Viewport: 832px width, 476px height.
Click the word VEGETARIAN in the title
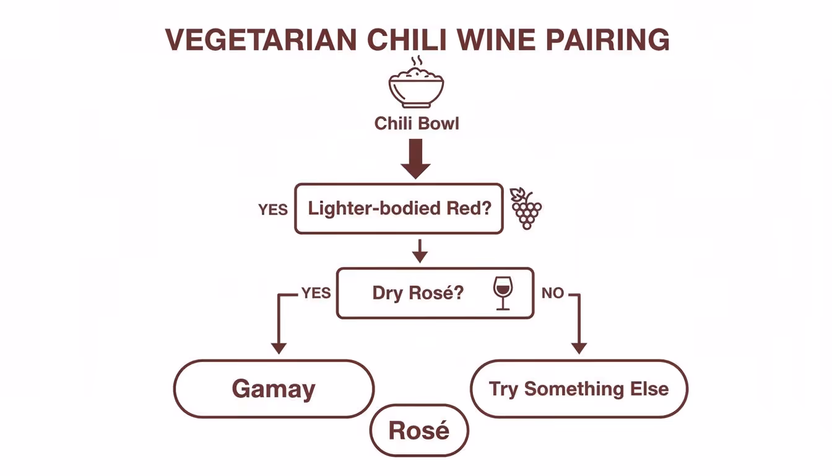tap(261, 40)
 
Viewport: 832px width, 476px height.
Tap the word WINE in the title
tap(491, 40)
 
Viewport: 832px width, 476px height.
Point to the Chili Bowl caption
tap(417, 123)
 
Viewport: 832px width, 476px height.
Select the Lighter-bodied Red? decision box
tap(399, 208)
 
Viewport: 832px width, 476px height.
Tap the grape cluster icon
tap(526, 208)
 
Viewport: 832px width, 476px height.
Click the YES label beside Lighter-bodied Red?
tap(273, 209)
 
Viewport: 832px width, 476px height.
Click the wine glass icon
tap(503, 293)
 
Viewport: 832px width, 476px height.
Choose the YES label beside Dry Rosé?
tap(316, 293)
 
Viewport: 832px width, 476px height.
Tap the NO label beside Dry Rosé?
tap(552, 293)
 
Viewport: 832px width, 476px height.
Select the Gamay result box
tap(274, 389)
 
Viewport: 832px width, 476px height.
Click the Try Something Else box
tap(579, 389)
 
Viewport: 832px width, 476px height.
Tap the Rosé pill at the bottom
tap(419, 431)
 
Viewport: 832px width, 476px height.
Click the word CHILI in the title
tap(398, 40)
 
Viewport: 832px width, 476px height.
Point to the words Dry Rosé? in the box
tap(417, 293)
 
